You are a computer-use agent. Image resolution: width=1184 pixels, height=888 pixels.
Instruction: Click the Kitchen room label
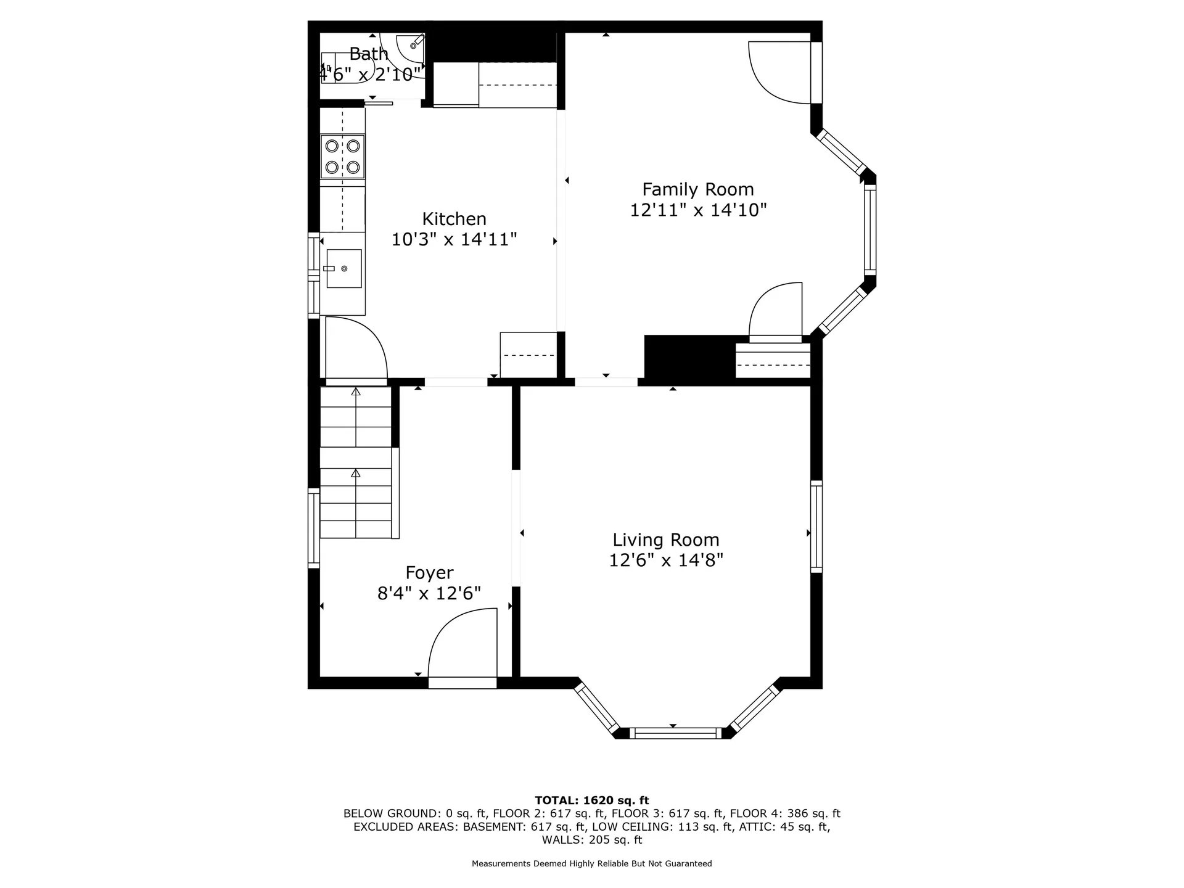[454, 219]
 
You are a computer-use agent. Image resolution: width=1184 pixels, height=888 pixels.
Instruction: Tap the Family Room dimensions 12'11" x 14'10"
[697, 210]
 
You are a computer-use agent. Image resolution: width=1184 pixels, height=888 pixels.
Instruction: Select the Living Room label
[665, 540]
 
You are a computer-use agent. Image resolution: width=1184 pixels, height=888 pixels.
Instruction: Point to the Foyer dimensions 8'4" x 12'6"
[429, 593]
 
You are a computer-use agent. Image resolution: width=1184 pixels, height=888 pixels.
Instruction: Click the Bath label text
[368, 54]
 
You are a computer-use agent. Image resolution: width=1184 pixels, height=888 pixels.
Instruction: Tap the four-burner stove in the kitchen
[343, 157]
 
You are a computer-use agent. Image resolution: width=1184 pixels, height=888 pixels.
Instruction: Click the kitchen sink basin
[343, 268]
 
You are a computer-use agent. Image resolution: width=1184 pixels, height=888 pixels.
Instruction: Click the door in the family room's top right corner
[780, 71]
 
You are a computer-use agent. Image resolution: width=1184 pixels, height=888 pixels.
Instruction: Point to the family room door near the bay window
[776, 311]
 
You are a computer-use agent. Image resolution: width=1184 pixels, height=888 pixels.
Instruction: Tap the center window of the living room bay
[675, 733]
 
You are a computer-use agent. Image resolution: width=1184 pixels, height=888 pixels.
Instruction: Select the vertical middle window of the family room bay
[869, 230]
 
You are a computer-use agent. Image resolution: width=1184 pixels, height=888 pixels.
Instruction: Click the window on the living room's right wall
[816, 527]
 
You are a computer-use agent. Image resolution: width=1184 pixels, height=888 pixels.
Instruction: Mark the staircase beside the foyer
[356, 462]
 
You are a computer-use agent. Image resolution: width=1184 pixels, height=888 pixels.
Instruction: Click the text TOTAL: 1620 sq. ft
[591, 800]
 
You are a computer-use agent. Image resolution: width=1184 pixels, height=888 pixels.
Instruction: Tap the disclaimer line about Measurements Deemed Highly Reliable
[591, 864]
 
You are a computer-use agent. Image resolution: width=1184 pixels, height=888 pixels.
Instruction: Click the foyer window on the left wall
[313, 527]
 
